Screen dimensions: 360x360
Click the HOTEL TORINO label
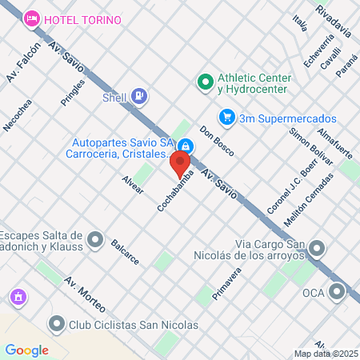pos(83,18)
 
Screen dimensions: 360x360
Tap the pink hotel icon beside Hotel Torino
pos(32,18)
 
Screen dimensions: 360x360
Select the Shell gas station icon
pos(140,97)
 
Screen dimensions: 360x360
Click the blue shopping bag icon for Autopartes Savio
pos(185,146)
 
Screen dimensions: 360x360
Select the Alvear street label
pos(132,185)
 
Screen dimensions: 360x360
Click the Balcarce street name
pos(125,251)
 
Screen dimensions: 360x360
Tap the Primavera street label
pos(226,284)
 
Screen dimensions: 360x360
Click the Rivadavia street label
pos(333,22)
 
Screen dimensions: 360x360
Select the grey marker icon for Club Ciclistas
pos(56,324)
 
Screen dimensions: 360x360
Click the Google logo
pos(26,350)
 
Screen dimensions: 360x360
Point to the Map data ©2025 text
pos(325,354)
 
